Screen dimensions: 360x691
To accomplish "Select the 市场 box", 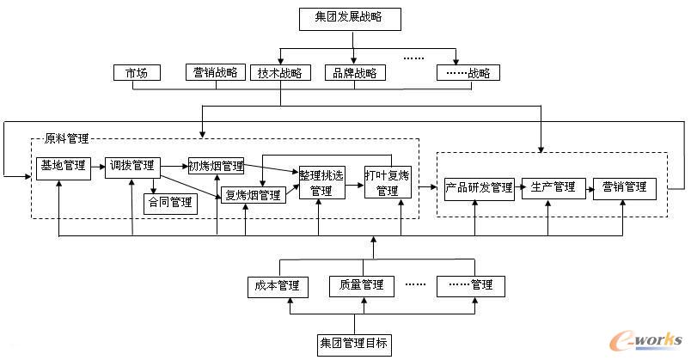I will pyautogui.click(x=137, y=73).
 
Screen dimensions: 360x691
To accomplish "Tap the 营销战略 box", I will pyautogui.click(x=216, y=73).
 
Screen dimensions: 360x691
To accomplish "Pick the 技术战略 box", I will pyautogui.click(x=281, y=73).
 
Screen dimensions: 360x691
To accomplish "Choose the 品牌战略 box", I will pyautogui.click(x=355, y=73).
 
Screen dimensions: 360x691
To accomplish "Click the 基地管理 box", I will pyautogui.click(x=64, y=165).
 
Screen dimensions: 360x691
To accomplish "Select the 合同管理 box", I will pyautogui.click(x=170, y=204).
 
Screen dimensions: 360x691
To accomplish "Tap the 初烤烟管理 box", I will pyautogui.click(x=216, y=165).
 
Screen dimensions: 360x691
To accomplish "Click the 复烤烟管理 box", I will pyautogui.click(x=253, y=195).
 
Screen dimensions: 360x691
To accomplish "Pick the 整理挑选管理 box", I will pyautogui.click(x=321, y=182).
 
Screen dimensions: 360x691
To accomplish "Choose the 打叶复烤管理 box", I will pyautogui.click(x=387, y=182).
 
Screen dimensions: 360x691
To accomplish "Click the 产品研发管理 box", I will pyautogui.click(x=478, y=187).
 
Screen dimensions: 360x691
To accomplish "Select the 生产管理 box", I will pyautogui.click(x=553, y=187).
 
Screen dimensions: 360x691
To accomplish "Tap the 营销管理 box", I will pyautogui.click(x=624, y=187).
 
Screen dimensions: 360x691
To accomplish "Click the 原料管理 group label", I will pyautogui.click(x=66, y=137).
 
